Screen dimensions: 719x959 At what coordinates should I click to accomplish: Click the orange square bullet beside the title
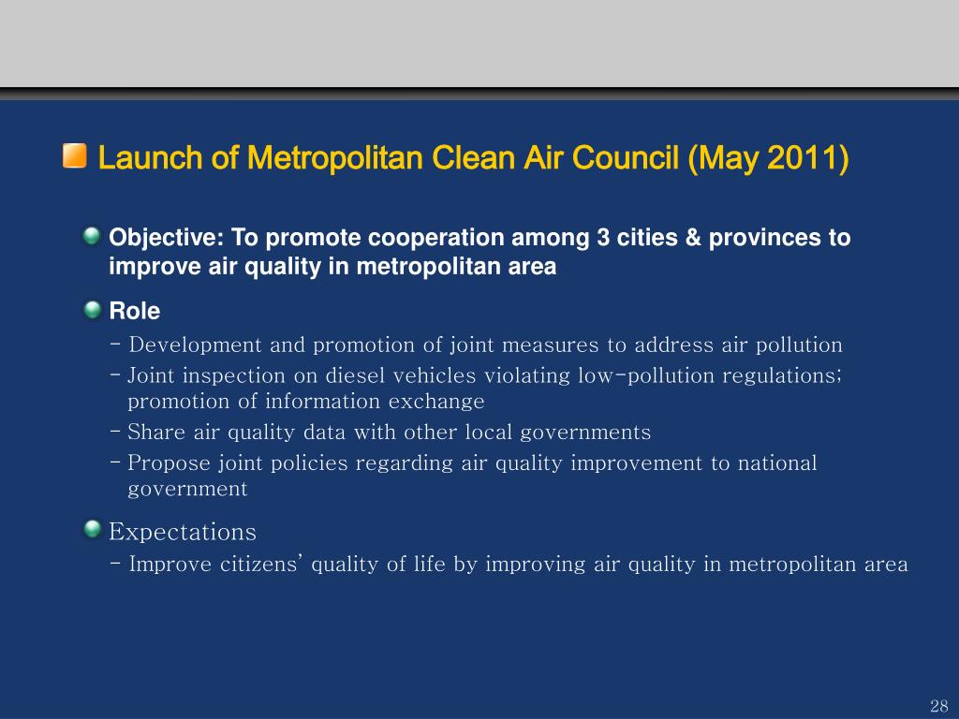pos(74,156)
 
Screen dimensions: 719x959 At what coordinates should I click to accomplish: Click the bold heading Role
pos(135,311)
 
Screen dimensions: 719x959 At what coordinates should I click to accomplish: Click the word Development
pos(196,345)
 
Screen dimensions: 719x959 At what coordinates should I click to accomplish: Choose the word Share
pos(156,433)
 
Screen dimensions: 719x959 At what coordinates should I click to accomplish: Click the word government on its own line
pos(187,490)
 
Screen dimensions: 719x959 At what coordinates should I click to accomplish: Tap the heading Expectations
pos(183,533)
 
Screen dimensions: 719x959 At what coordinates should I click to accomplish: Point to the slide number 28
pos(938,706)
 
